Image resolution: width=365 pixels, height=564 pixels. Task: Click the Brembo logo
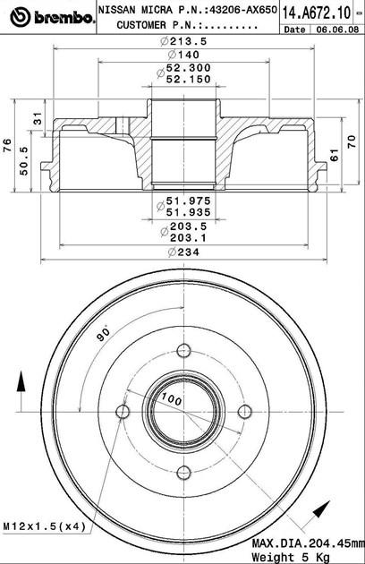tap(52, 17)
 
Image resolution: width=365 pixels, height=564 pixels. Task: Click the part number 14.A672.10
tap(316, 13)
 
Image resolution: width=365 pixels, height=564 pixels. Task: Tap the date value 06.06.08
tap(337, 30)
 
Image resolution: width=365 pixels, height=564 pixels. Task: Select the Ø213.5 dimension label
tap(183, 41)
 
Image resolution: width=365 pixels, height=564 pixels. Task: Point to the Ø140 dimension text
tap(183, 55)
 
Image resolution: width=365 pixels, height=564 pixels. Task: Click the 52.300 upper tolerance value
tap(189, 68)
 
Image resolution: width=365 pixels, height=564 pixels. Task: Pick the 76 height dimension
tap(7, 146)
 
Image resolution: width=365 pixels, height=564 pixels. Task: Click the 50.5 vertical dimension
tap(24, 161)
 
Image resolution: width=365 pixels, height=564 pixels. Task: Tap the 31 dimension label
tap(38, 118)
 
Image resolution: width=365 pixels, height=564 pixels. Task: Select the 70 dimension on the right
tap(352, 141)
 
